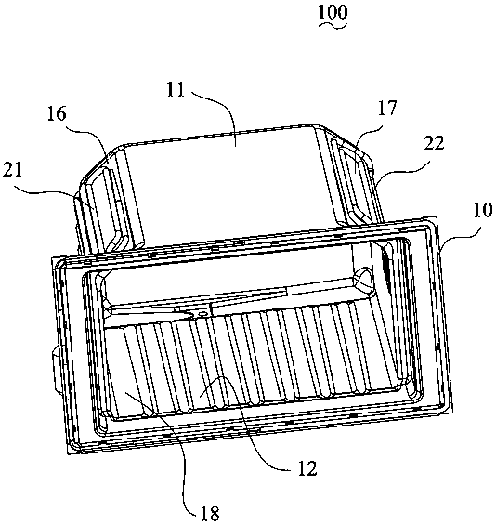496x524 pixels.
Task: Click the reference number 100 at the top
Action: click(333, 12)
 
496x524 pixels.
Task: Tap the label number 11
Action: click(176, 89)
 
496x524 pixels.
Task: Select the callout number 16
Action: click(57, 113)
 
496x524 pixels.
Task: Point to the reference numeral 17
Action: click(387, 108)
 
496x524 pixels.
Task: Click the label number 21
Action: click(12, 170)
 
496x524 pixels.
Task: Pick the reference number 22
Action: click(434, 143)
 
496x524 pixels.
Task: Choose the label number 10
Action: click(483, 210)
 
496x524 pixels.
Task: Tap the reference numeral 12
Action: click(307, 468)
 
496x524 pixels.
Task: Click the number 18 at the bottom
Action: click(210, 513)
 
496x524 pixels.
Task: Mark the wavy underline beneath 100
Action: click(333, 25)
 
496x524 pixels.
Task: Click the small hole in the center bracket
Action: click(202, 314)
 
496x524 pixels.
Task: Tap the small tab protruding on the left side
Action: click(55, 369)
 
